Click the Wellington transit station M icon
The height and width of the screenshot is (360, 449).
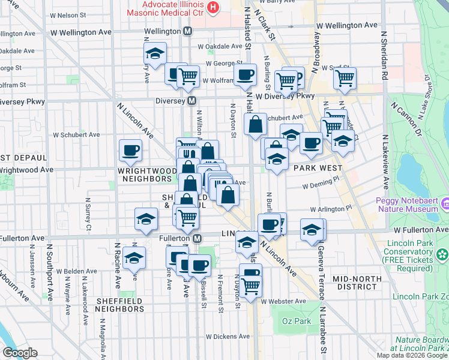click(x=188, y=31)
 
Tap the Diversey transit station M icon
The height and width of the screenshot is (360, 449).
click(x=192, y=101)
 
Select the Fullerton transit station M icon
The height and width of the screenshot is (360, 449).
click(x=197, y=238)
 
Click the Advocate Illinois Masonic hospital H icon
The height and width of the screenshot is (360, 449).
click(x=212, y=7)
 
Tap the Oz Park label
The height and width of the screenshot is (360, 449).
click(x=297, y=321)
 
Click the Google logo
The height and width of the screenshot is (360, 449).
click(x=20, y=353)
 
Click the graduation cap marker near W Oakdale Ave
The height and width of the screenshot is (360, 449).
click(x=155, y=53)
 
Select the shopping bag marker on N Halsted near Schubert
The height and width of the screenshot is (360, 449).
click(x=255, y=125)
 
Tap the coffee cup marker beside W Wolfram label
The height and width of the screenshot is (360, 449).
click(x=244, y=74)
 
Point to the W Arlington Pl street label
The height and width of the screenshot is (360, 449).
click(x=331, y=209)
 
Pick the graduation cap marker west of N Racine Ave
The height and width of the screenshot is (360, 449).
click(x=134, y=259)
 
